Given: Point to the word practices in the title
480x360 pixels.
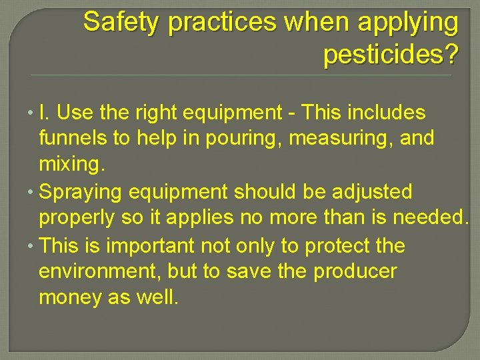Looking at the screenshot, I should pyautogui.click(x=221, y=23).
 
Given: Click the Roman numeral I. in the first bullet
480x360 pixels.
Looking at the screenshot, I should pyautogui.click(x=44, y=113).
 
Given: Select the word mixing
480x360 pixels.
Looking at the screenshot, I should pyautogui.click(x=68, y=165).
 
